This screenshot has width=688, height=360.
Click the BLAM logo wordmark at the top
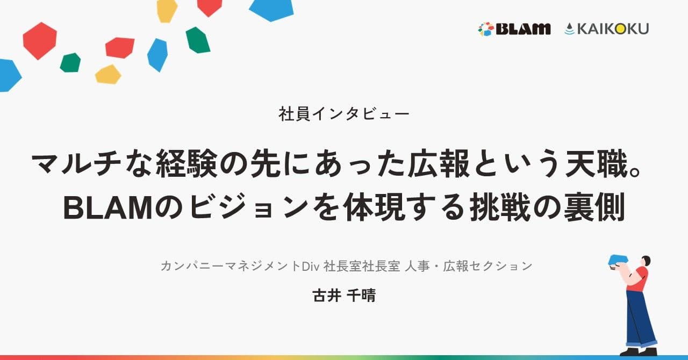click(523, 29)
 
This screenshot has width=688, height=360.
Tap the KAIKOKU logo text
click(613, 29)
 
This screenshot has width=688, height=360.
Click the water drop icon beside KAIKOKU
click(569, 29)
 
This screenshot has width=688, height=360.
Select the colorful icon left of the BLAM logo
click(485, 29)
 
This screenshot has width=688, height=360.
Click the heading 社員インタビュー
click(344, 114)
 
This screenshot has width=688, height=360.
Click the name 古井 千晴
click(344, 296)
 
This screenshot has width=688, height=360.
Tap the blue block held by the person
click(618, 260)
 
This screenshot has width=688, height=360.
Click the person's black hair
click(646, 261)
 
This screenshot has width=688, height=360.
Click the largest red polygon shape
click(39, 40)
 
